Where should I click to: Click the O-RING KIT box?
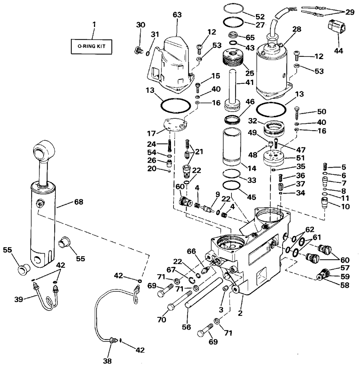(91, 46)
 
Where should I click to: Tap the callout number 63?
(177, 15)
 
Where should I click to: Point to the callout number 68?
(79, 202)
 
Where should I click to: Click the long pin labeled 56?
(204, 293)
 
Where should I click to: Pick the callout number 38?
(107, 361)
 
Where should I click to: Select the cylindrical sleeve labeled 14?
(231, 146)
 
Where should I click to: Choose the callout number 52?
(260, 17)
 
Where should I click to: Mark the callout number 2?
(240, 313)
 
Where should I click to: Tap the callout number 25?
(250, 73)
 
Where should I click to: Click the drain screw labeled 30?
(138, 50)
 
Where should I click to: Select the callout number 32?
(252, 121)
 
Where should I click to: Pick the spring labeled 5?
(325, 167)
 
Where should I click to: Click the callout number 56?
(186, 327)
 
